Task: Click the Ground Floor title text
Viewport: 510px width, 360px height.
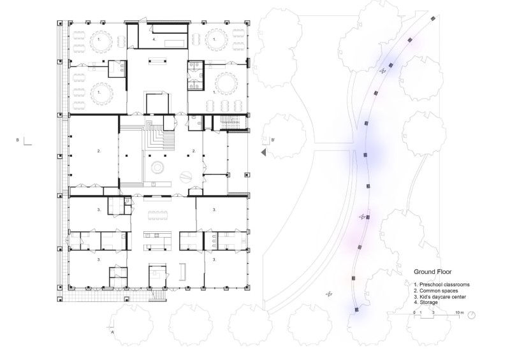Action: (433, 272)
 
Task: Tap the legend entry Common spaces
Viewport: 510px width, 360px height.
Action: (439, 291)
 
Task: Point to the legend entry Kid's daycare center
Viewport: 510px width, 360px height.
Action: (442, 296)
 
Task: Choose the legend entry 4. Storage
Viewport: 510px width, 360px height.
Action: (426, 303)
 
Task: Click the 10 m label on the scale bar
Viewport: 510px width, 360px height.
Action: (459, 312)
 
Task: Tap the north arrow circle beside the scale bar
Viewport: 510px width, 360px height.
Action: (472, 315)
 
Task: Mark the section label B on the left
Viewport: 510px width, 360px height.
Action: (18, 140)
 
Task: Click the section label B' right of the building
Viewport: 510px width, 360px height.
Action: (273, 140)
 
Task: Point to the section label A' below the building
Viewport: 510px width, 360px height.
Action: (113, 333)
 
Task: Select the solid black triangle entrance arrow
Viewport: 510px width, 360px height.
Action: (263, 152)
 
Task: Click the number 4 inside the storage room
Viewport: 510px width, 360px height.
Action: (154, 40)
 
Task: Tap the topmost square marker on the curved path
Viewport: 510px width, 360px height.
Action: (433, 18)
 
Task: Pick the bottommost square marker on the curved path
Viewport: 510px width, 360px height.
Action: (357, 310)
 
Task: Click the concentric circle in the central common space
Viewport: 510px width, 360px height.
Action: (157, 168)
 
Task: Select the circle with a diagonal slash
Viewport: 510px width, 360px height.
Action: (186, 176)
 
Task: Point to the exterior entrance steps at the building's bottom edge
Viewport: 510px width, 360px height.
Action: (159, 295)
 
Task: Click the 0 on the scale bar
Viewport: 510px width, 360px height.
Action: (414, 312)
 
